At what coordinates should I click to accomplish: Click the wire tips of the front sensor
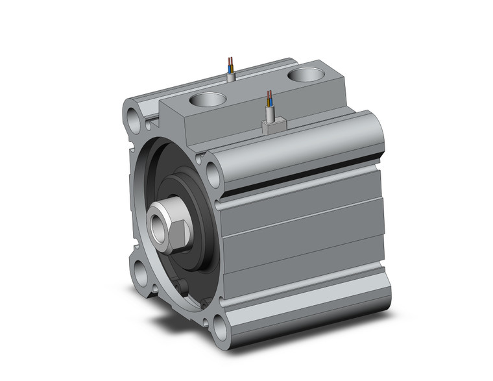coord(268,99)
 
